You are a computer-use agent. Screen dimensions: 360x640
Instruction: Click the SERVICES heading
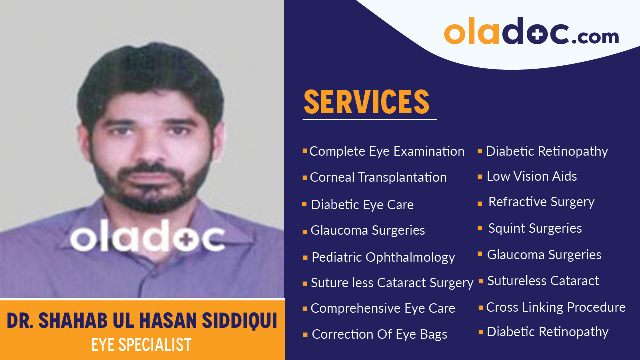coord(366,102)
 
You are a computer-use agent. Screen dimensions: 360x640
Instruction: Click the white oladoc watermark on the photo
coord(148,238)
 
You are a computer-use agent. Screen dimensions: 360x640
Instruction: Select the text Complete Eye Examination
coord(387,151)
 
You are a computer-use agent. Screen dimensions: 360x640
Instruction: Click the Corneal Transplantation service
coord(378,177)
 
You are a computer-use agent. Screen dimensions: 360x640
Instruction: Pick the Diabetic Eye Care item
coord(362,205)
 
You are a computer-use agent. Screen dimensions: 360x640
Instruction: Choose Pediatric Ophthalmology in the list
coord(383,257)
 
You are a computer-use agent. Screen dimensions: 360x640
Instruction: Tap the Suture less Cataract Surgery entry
coord(392,283)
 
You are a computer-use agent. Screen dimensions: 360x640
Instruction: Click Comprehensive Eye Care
coord(383,308)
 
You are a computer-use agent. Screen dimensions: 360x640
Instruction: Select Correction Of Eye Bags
coord(379,334)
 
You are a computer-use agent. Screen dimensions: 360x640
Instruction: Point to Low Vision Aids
coord(532,176)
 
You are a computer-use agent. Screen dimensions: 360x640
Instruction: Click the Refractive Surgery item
coord(541,202)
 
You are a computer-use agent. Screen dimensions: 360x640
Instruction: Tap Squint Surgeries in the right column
coord(535,228)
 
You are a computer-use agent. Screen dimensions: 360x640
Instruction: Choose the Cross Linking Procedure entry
coord(556,307)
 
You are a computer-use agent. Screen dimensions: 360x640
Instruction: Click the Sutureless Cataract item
coord(543,281)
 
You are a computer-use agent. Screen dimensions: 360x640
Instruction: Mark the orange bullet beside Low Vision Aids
coord(480,177)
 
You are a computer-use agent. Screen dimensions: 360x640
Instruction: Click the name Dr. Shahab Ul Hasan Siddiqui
coord(142,321)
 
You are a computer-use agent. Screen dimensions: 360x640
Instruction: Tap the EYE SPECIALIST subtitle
coord(141,344)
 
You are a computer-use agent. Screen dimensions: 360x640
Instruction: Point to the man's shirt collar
coord(100,220)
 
